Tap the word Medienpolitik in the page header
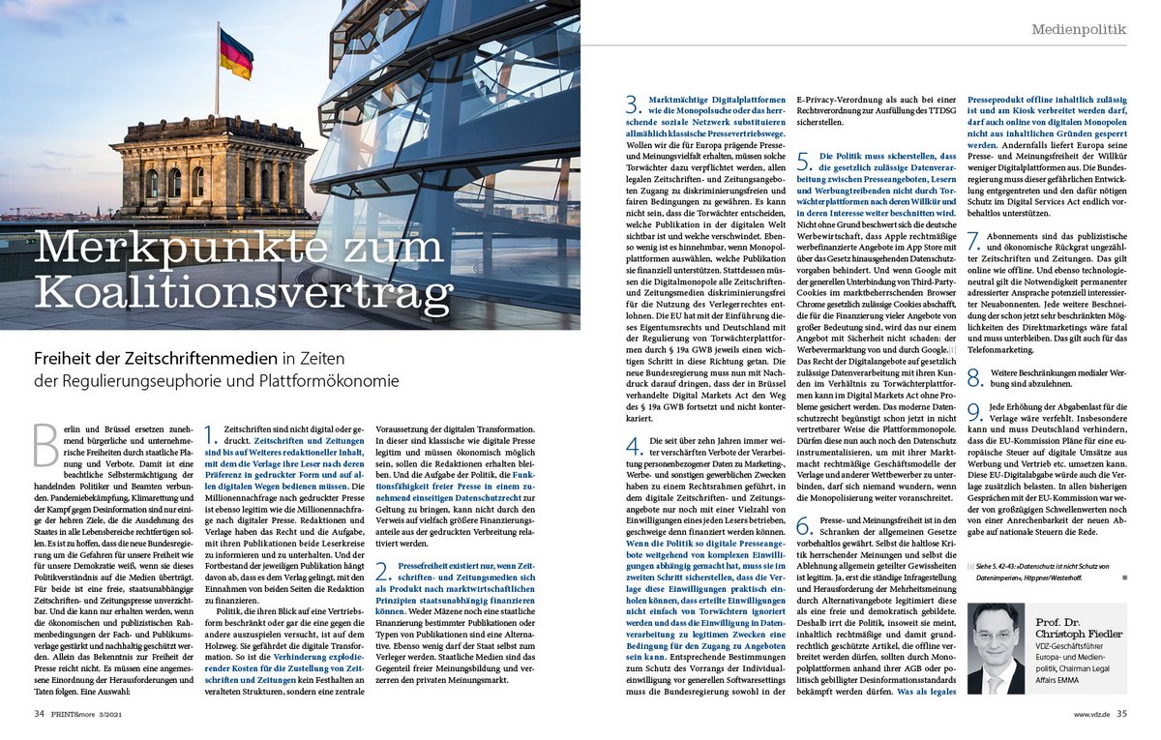tap(1078, 30)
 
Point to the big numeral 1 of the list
tap(213, 435)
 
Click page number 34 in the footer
tap(40, 715)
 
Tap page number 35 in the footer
tap(1121, 715)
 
